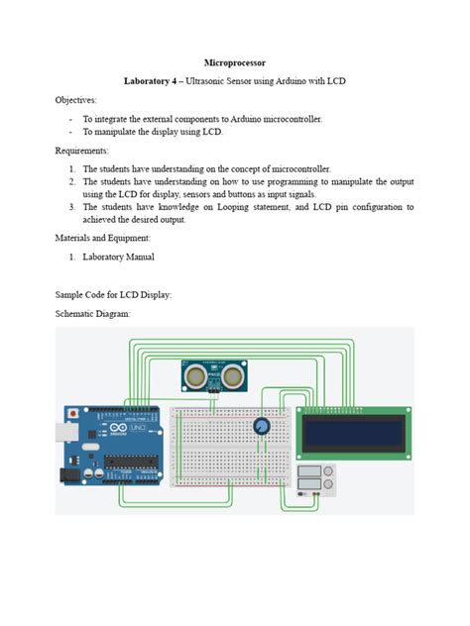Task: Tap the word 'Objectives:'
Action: pyautogui.click(x=75, y=100)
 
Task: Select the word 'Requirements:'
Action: pyautogui.click(x=81, y=150)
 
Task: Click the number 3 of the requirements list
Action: pyautogui.click(x=72, y=207)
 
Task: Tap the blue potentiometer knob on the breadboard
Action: pyautogui.click(x=261, y=427)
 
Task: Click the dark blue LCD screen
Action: pyautogui.click(x=354, y=432)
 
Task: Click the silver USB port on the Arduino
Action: pyautogui.click(x=65, y=434)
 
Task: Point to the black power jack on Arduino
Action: pyautogui.click(x=68, y=475)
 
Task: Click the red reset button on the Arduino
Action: pyautogui.click(x=70, y=410)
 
